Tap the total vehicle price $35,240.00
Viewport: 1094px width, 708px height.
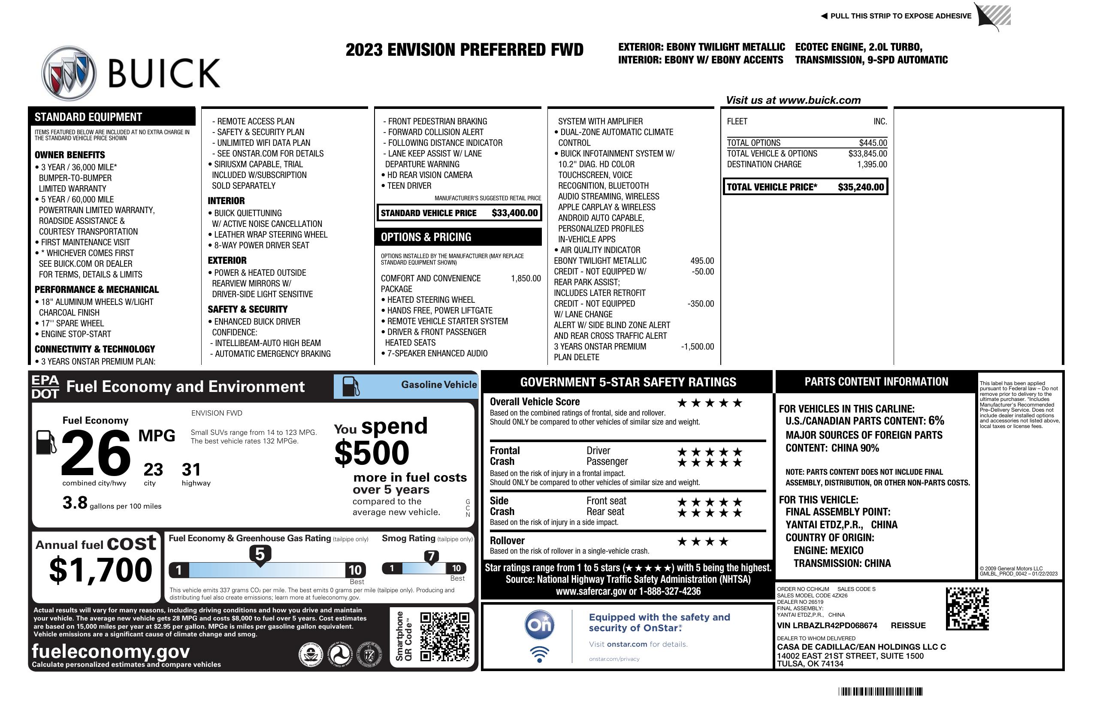(861, 187)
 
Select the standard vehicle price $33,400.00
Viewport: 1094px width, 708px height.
(514, 213)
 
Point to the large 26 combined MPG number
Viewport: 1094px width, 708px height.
(96, 452)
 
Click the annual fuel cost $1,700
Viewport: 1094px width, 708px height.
(100, 570)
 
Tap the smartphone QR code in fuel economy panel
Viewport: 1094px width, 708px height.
(444, 636)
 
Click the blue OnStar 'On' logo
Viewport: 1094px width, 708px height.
(540, 625)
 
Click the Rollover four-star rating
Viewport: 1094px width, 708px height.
(703, 542)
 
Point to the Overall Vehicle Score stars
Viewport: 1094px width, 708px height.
(710, 404)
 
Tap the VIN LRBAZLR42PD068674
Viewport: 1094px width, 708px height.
(827, 625)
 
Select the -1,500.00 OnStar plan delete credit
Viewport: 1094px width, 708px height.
(697, 346)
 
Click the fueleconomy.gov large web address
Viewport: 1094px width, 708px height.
(111, 651)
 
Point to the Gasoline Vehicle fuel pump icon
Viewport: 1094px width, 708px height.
(351, 386)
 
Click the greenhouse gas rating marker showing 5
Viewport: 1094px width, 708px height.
(260, 554)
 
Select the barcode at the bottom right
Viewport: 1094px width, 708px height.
(880, 691)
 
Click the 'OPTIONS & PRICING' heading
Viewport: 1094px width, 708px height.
(426, 237)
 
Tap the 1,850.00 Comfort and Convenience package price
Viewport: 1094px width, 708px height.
(526, 278)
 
